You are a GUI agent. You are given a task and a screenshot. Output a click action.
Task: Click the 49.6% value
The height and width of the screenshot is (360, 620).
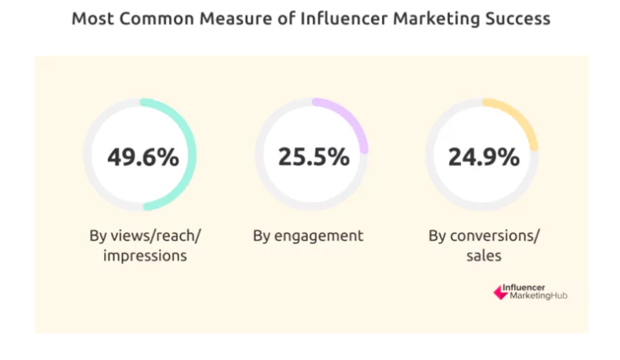coord(143,157)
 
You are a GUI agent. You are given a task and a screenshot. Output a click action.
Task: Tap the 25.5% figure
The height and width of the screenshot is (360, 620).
coord(313,157)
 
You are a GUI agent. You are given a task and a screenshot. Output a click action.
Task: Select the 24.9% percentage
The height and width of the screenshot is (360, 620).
coord(484,157)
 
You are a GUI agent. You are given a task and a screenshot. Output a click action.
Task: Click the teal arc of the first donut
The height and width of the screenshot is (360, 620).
coord(192,156)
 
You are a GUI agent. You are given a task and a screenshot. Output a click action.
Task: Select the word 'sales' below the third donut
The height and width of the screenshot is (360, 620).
coord(482,255)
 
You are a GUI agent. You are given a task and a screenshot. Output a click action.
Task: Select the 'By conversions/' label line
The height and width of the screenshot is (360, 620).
coord(482,236)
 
